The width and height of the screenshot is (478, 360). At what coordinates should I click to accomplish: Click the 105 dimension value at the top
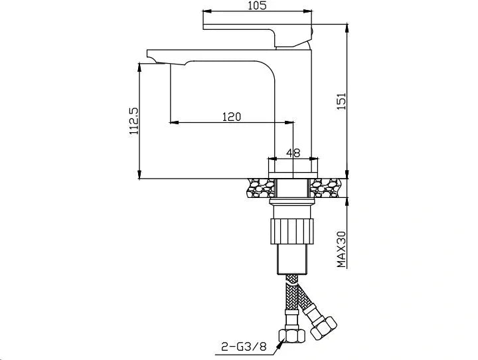[x=256, y=6]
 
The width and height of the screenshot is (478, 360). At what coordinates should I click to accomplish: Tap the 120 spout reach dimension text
[x=231, y=117]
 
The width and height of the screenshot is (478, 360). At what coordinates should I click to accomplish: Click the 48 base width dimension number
[x=293, y=153]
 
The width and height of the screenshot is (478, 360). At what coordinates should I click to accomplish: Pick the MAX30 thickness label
[x=341, y=248]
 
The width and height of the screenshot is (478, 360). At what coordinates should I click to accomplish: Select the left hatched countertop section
[x=260, y=189]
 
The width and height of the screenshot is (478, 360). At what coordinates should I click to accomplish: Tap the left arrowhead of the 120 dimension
[x=173, y=122]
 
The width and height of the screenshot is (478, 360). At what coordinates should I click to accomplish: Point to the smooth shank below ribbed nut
[x=291, y=259]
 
